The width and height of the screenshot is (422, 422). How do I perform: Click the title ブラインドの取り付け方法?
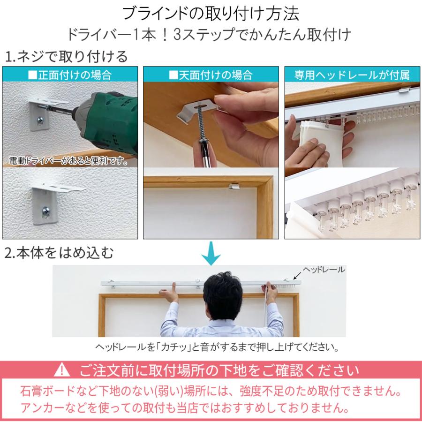[211, 14]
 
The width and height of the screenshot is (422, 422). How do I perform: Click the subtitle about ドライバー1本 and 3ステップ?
[211, 35]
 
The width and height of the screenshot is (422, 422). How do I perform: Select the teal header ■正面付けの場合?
[70, 75]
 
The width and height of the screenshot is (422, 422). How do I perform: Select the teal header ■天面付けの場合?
[211, 75]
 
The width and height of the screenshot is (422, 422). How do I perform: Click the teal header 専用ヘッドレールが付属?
[352, 75]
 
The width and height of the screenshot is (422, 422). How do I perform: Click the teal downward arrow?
[211, 253]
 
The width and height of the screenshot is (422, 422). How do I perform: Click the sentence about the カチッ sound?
[216, 348]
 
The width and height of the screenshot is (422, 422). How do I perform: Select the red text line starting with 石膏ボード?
[211, 391]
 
